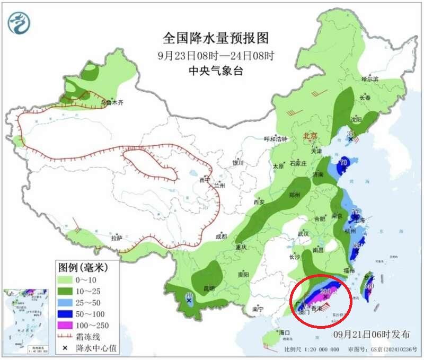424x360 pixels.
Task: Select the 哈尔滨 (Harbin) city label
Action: coord(370,79)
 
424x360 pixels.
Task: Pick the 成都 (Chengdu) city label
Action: coord(221,236)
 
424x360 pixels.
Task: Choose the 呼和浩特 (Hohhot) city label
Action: coord(275,139)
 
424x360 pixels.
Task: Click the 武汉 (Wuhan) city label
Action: coord(304,233)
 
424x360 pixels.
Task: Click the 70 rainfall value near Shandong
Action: coord(343,162)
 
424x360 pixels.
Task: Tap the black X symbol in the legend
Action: coord(66,348)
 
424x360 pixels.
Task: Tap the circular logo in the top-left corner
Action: coord(19,21)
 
